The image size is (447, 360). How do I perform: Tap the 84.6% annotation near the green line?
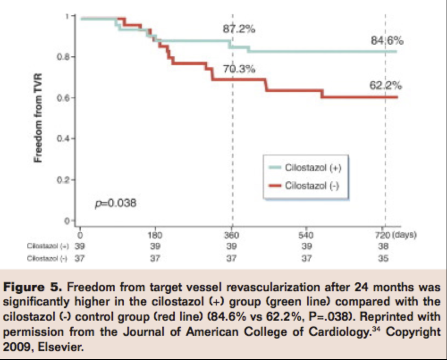pyautogui.click(x=387, y=41)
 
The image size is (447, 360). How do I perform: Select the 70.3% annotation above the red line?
pyautogui.click(x=239, y=69)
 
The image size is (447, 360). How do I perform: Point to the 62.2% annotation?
pyautogui.click(x=385, y=85)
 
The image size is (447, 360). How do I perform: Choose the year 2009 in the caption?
pyautogui.click(x=19, y=346)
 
